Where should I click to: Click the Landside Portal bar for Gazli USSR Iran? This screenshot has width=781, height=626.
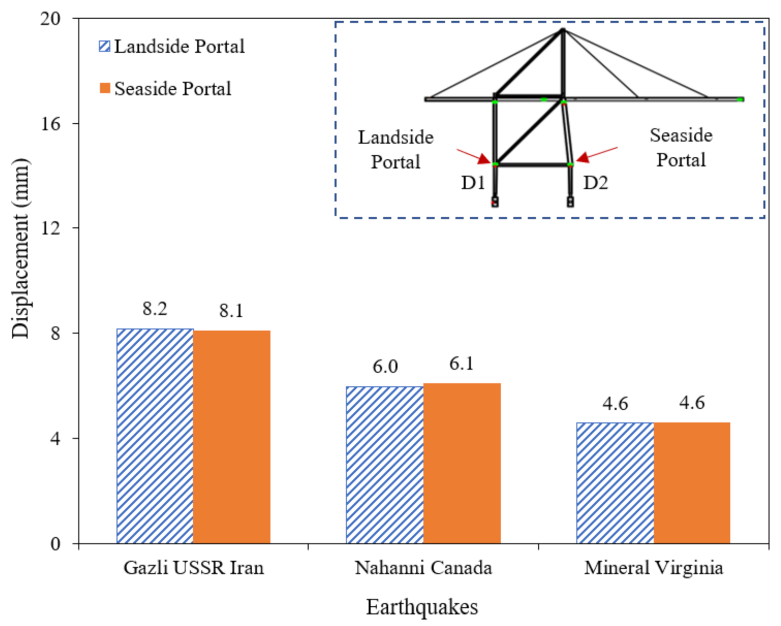[155, 436]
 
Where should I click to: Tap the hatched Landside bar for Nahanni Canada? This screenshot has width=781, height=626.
[385, 465]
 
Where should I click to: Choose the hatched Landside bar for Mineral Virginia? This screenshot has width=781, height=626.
[615, 483]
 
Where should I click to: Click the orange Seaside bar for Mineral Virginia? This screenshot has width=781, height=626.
[692, 483]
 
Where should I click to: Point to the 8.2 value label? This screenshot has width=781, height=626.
[155, 309]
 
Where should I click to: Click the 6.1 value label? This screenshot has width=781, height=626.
[461, 363]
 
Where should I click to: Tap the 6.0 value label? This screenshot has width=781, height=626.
[385, 367]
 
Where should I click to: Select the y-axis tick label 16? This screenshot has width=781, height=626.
[51, 123]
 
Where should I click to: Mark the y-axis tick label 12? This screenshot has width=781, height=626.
[51, 228]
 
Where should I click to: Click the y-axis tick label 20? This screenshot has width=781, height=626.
[51, 19]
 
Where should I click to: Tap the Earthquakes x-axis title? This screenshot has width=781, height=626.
[422, 607]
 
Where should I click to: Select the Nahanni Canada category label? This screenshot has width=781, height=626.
[423, 568]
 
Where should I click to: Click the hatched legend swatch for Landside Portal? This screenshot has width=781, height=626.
[105, 46]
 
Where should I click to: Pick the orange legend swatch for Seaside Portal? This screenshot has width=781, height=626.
[105, 88]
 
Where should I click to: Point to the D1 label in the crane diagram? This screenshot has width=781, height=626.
[473, 183]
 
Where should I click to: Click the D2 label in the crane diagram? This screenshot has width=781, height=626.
[595, 183]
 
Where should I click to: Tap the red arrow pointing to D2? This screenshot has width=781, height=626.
[596, 154]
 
